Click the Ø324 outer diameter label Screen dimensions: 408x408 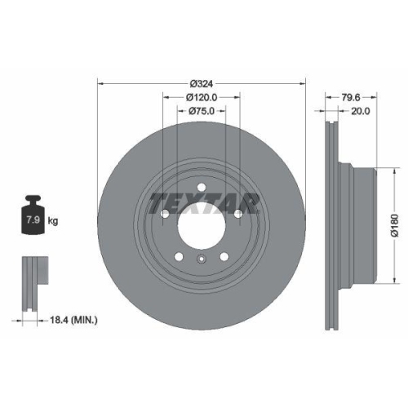point(201,84)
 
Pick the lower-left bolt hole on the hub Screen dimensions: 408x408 point(179,256)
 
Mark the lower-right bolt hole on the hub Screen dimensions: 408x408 point(223,256)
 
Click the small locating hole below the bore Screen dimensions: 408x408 point(201,260)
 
